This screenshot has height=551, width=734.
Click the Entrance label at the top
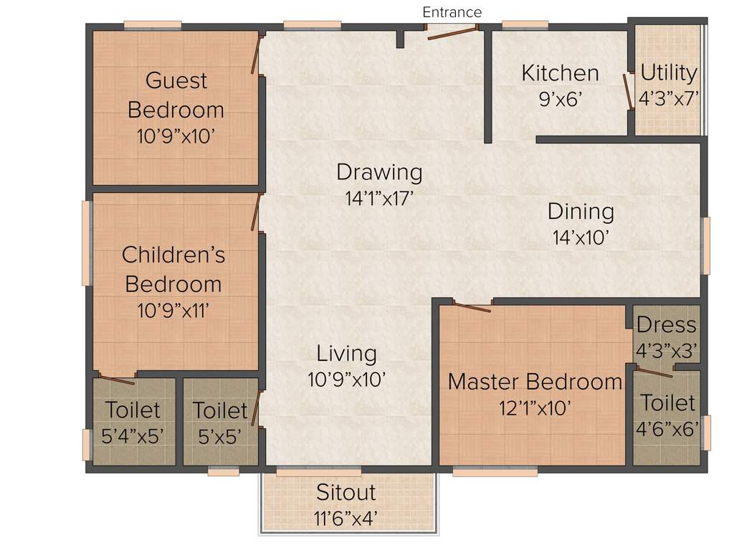click(452, 12)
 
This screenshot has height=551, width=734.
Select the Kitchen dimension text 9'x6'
click(560, 98)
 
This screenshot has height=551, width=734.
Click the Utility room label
click(668, 73)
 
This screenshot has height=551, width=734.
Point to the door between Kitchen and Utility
click(628, 90)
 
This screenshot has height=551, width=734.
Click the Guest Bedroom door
click(255, 54)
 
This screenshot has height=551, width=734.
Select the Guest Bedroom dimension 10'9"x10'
click(176, 136)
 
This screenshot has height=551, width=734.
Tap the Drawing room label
click(379, 172)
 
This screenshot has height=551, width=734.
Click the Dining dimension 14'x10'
click(581, 237)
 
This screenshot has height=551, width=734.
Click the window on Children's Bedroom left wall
click(87, 242)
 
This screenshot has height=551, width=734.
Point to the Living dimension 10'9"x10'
click(347, 379)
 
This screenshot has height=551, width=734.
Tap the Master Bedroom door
click(472, 308)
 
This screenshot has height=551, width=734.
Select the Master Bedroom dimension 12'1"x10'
click(535, 408)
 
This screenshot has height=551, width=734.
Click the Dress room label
click(666, 325)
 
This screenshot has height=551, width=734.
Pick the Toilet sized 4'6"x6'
click(667, 415)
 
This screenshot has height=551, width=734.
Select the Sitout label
click(346, 493)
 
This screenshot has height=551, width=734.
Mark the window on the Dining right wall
click(705, 245)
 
